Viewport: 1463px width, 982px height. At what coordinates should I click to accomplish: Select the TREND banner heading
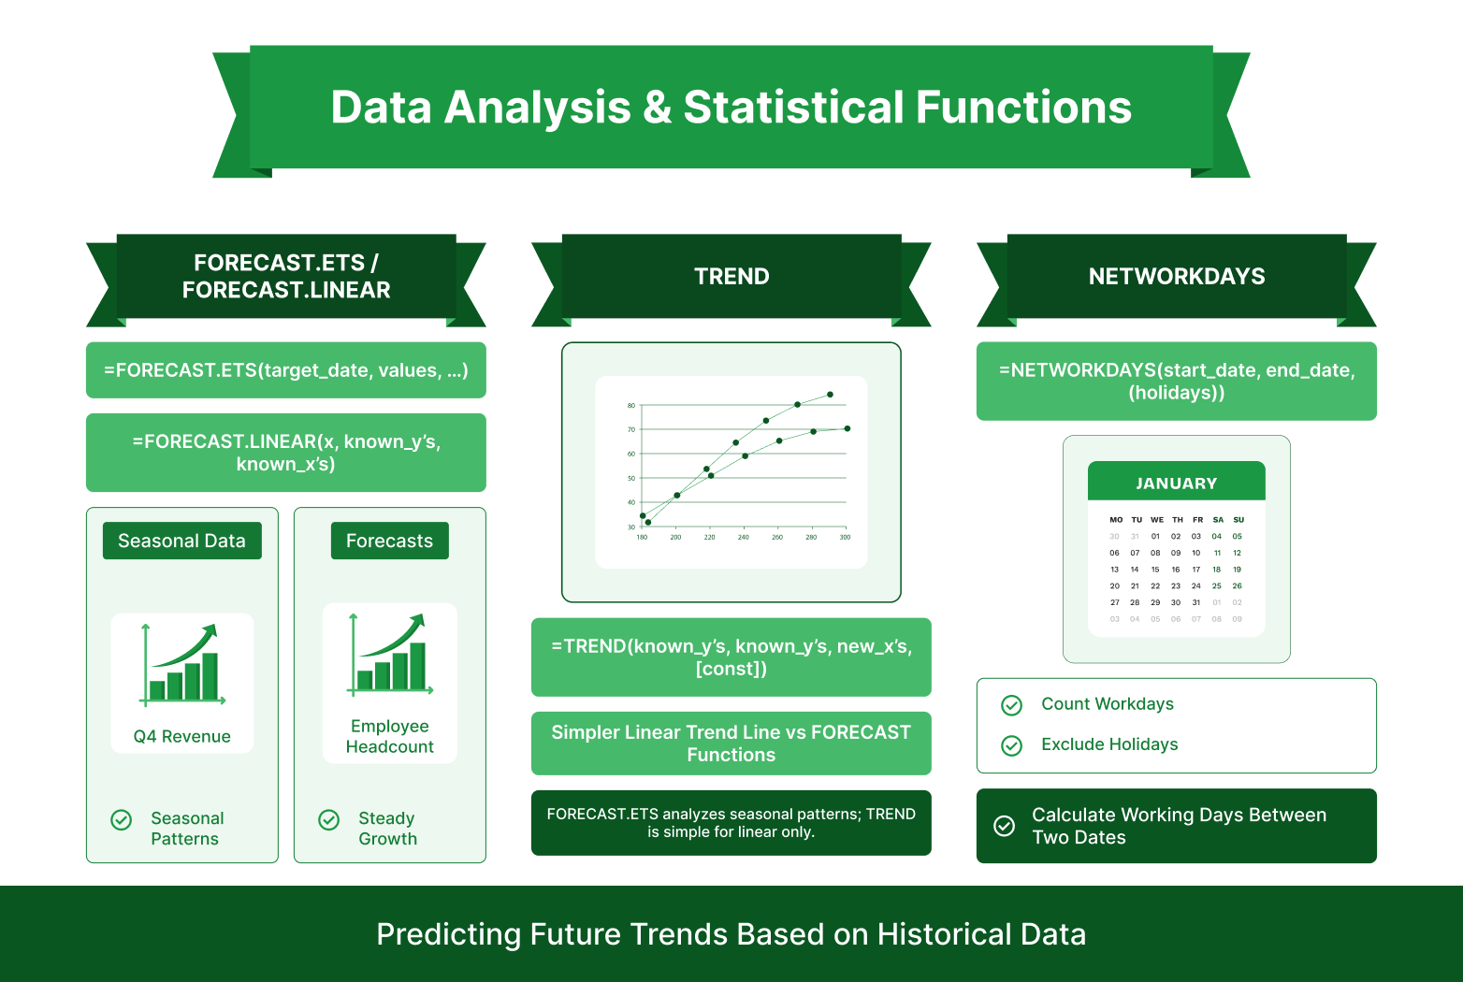(x=731, y=277)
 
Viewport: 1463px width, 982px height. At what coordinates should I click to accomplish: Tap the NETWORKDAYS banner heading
(x=1176, y=277)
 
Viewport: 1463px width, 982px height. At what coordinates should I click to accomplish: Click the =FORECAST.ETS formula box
(x=285, y=370)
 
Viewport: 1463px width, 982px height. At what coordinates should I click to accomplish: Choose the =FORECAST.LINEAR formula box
(x=285, y=453)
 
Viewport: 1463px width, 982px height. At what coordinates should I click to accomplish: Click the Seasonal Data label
(x=181, y=542)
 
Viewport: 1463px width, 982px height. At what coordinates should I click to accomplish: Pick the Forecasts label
(x=389, y=542)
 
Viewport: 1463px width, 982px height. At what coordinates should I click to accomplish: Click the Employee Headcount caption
(x=389, y=737)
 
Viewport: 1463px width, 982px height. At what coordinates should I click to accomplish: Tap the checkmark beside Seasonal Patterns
(x=122, y=820)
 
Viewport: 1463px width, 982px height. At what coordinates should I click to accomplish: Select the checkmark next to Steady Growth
(x=329, y=820)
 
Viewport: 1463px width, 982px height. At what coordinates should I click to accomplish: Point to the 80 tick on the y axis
(x=631, y=406)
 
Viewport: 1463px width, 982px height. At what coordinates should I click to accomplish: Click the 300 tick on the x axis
(x=845, y=538)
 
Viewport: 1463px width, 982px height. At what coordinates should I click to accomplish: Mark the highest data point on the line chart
(x=830, y=395)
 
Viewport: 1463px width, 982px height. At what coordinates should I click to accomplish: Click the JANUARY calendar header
(x=1176, y=484)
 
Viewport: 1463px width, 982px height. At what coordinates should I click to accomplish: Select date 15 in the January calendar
(x=1155, y=570)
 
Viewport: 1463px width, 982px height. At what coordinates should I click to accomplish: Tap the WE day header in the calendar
(x=1157, y=520)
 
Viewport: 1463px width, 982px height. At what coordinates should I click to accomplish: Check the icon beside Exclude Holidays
(x=1011, y=745)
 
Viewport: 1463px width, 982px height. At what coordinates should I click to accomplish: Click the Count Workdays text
(x=1108, y=704)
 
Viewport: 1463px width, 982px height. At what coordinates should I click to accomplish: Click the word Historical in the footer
(x=943, y=934)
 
